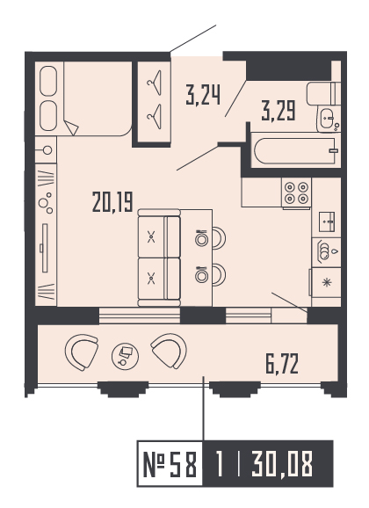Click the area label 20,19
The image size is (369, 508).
(112, 204)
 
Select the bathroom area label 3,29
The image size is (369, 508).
(278, 111)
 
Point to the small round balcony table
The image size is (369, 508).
(122, 356)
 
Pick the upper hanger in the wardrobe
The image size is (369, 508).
(156, 83)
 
